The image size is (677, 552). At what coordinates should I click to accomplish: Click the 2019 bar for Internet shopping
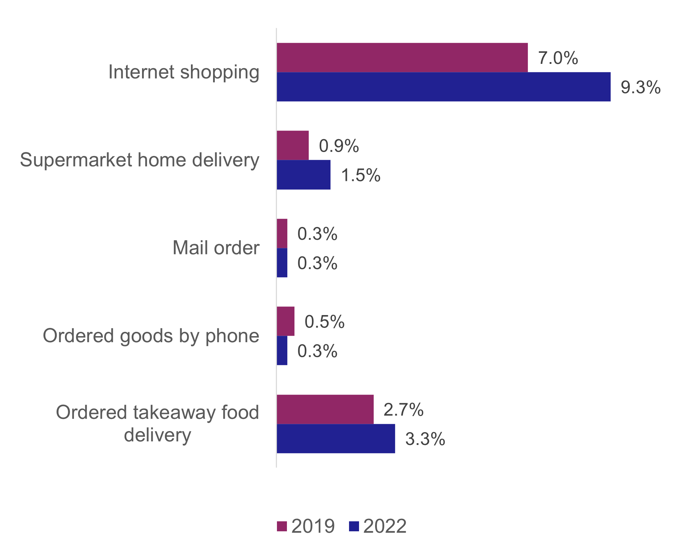click(x=402, y=57)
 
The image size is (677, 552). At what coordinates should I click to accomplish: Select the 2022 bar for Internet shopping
click(x=444, y=87)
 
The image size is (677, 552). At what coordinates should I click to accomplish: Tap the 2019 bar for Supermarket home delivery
click(x=293, y=145)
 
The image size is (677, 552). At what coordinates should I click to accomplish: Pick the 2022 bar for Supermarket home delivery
click(x=304, y=174)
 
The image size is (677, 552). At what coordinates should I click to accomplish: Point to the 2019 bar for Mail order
click(x=282, y=233)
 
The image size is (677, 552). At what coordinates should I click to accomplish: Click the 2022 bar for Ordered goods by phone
click(x=282, y=350)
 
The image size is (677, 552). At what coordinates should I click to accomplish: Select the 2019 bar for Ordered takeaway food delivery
click(x=325, y=409)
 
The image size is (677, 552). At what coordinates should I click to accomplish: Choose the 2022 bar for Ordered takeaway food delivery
click(x=336, y=439)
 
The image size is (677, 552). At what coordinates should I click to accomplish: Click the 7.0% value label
click(x=558, y=58)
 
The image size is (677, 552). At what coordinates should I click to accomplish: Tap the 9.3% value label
click(x=641, y=87)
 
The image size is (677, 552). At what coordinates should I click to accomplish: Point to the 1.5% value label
click(x=361, y=176)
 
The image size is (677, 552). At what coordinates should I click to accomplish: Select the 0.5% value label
click(x=324, y=322)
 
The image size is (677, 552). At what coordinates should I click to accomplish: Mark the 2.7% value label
click(x=404, y=410)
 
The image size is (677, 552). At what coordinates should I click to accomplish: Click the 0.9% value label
click(x=339, y=146)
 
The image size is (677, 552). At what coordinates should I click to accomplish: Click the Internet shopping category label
click(x=184, y=72)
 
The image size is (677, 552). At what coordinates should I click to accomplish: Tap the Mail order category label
click(x=216, y=248)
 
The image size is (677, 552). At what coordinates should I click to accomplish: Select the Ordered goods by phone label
click(x=151, y=336)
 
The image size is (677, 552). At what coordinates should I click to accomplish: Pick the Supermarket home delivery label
click(x=140, y=160)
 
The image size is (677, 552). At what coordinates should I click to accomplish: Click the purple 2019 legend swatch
click(x=282, y=526)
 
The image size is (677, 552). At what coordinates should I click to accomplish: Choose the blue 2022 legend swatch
click(x=354, y=526)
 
